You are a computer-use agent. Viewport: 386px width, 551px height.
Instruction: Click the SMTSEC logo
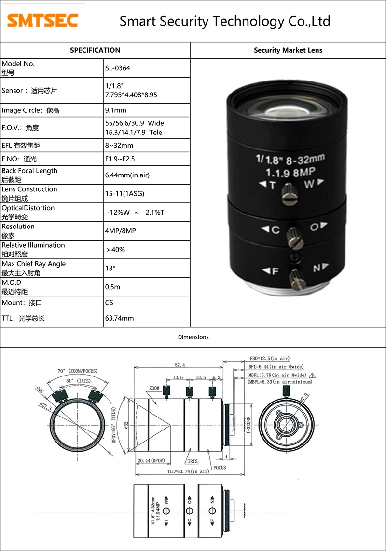tap(42, 21)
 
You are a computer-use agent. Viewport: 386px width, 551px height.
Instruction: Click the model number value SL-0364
tap(118, 68)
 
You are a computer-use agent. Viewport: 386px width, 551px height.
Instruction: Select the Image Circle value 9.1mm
tap(116, 110)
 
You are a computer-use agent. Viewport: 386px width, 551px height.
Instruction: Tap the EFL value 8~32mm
tap(119, 145)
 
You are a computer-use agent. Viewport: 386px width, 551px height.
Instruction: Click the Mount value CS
tap(109, 303)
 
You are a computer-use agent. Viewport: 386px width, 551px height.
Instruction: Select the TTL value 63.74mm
tap(119, 318)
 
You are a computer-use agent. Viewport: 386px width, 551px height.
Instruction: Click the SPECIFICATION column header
tap(95, 50)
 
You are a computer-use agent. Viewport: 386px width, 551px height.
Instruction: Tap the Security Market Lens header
tap(288, 50)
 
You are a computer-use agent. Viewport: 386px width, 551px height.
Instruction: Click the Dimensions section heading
tap(193, 337)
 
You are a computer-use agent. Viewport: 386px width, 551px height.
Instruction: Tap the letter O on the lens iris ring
tap(314, 227)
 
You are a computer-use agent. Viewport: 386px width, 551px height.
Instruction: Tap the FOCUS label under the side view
tap(220, 468)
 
